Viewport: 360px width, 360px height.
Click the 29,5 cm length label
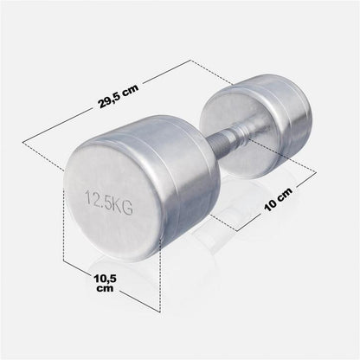(119, 96)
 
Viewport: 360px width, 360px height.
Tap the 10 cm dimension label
(279, 199)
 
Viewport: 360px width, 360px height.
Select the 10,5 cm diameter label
(105, 283)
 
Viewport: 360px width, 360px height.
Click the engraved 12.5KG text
(109, 202)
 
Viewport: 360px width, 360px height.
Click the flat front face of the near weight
(112, 199)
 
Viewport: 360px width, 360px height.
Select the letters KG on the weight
(123, 206)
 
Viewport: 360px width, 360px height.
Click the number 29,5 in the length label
(110, 100)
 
